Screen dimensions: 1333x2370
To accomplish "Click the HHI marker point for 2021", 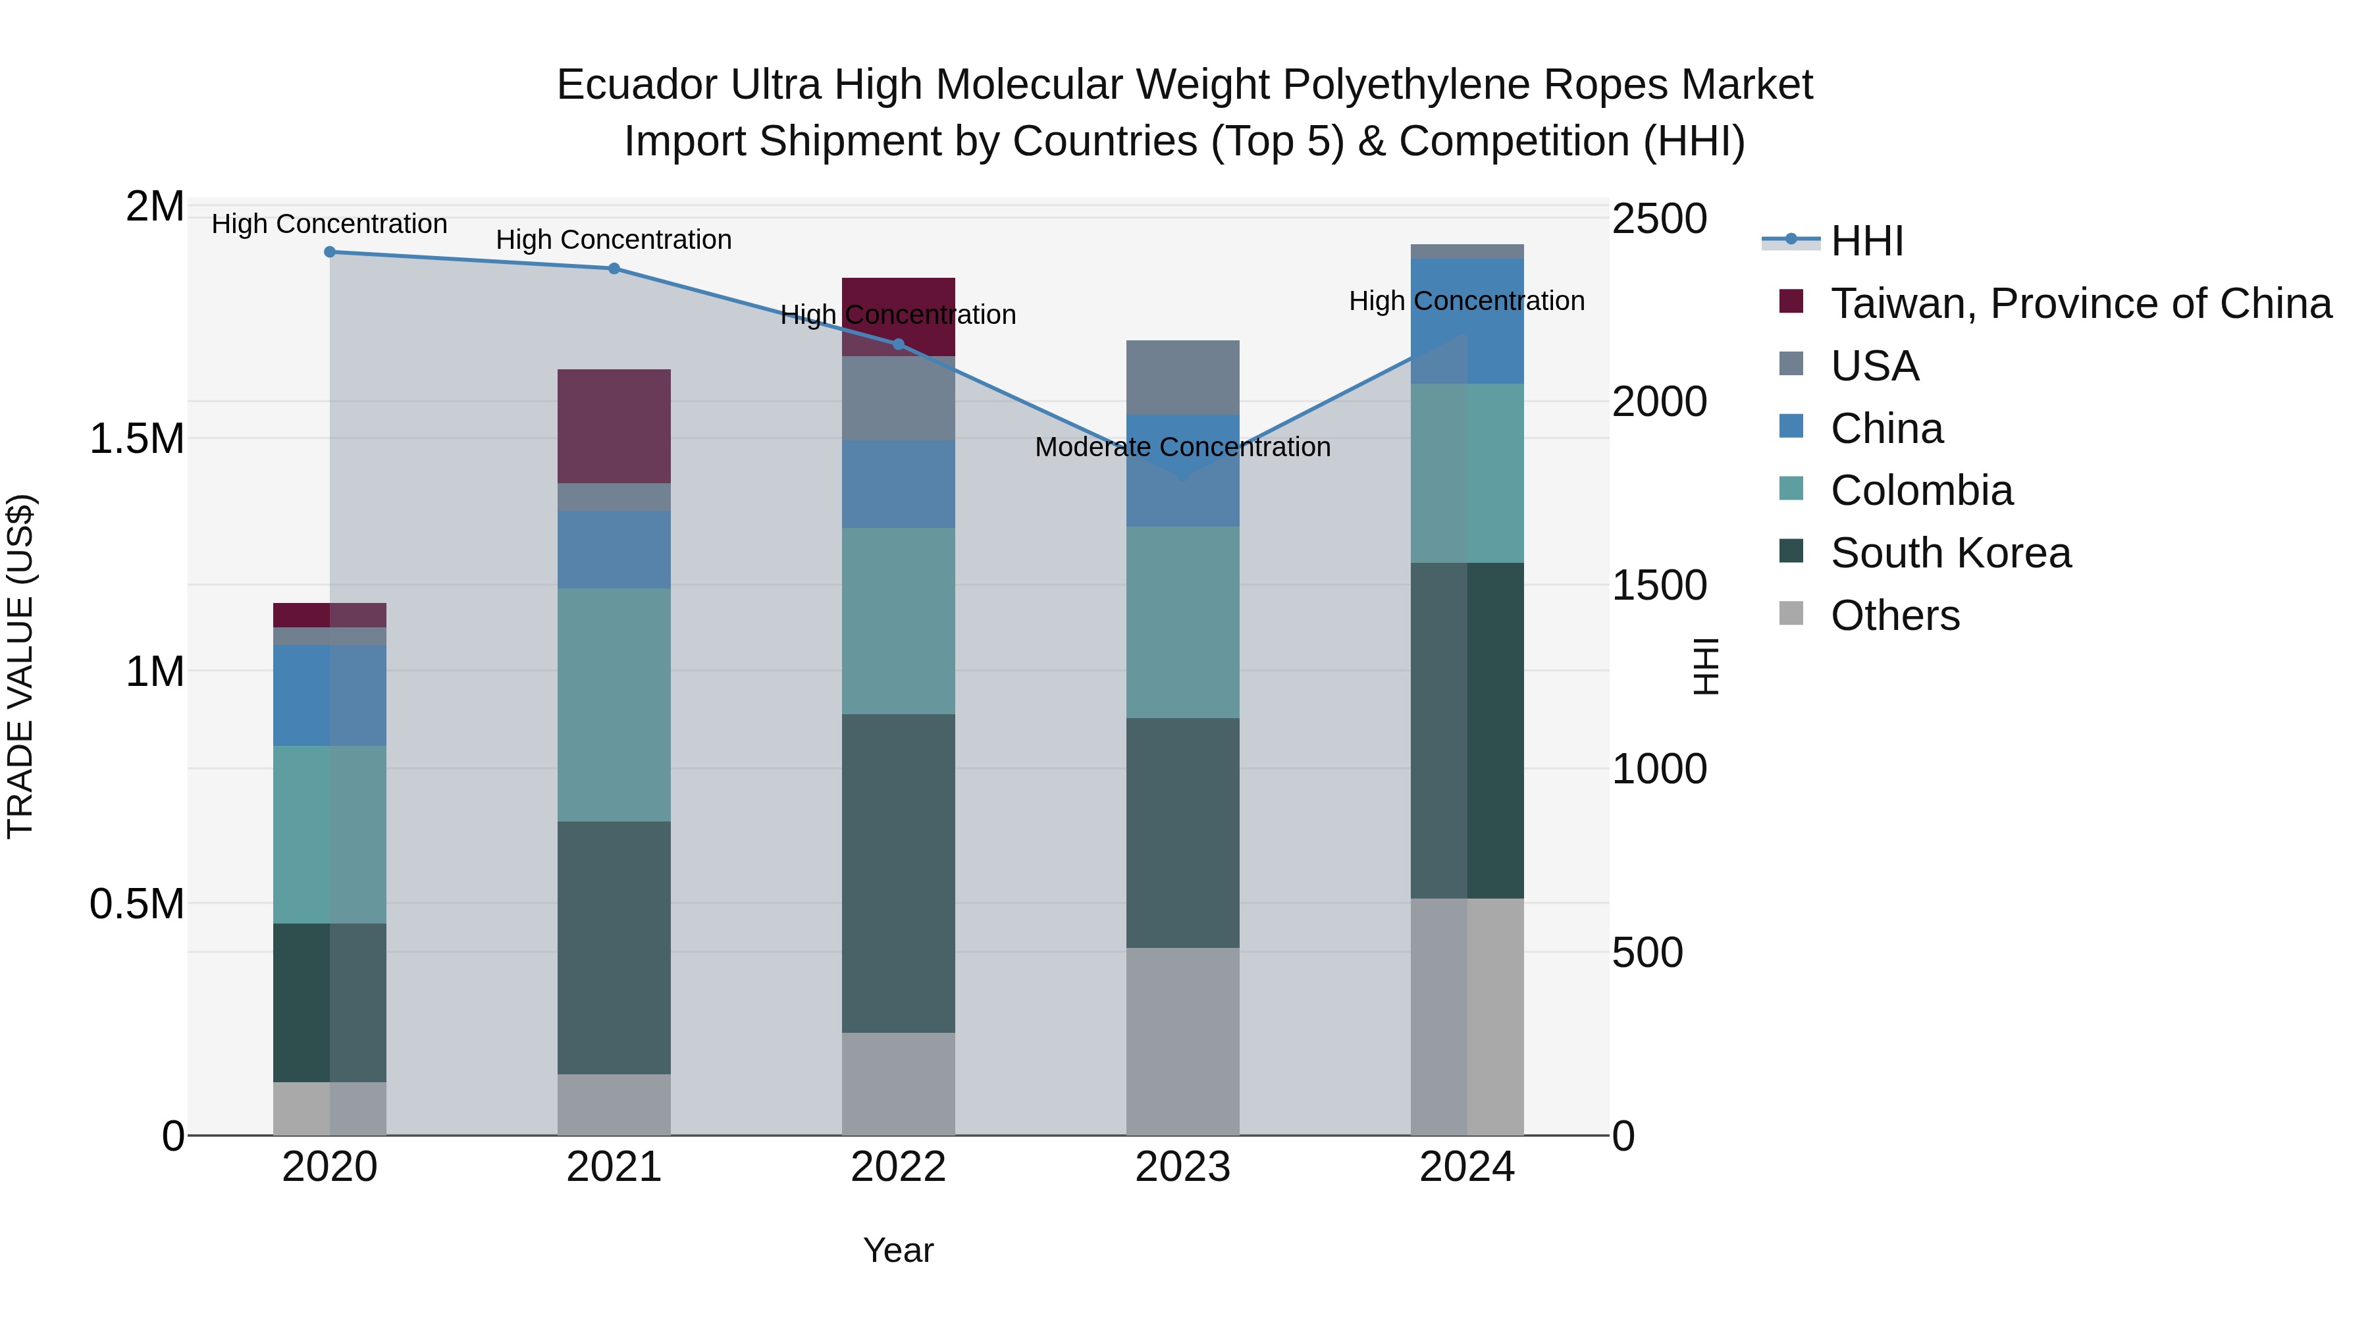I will [615, 269].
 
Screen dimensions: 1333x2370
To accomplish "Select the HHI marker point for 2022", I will [899, 345].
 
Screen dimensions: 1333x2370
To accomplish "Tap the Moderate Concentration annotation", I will [1182, 447].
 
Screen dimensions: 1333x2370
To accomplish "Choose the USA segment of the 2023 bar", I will [1182, 377].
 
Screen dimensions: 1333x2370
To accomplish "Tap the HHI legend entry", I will [1866, 241].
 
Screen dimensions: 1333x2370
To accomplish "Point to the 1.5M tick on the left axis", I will [136, 439].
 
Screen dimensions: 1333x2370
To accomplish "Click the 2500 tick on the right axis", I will [1659, 219].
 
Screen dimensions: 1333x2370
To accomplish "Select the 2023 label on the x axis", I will [1182, 1167].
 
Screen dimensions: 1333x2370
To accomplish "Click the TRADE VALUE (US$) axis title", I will [20, 666].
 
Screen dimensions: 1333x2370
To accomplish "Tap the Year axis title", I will [898, 1250].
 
